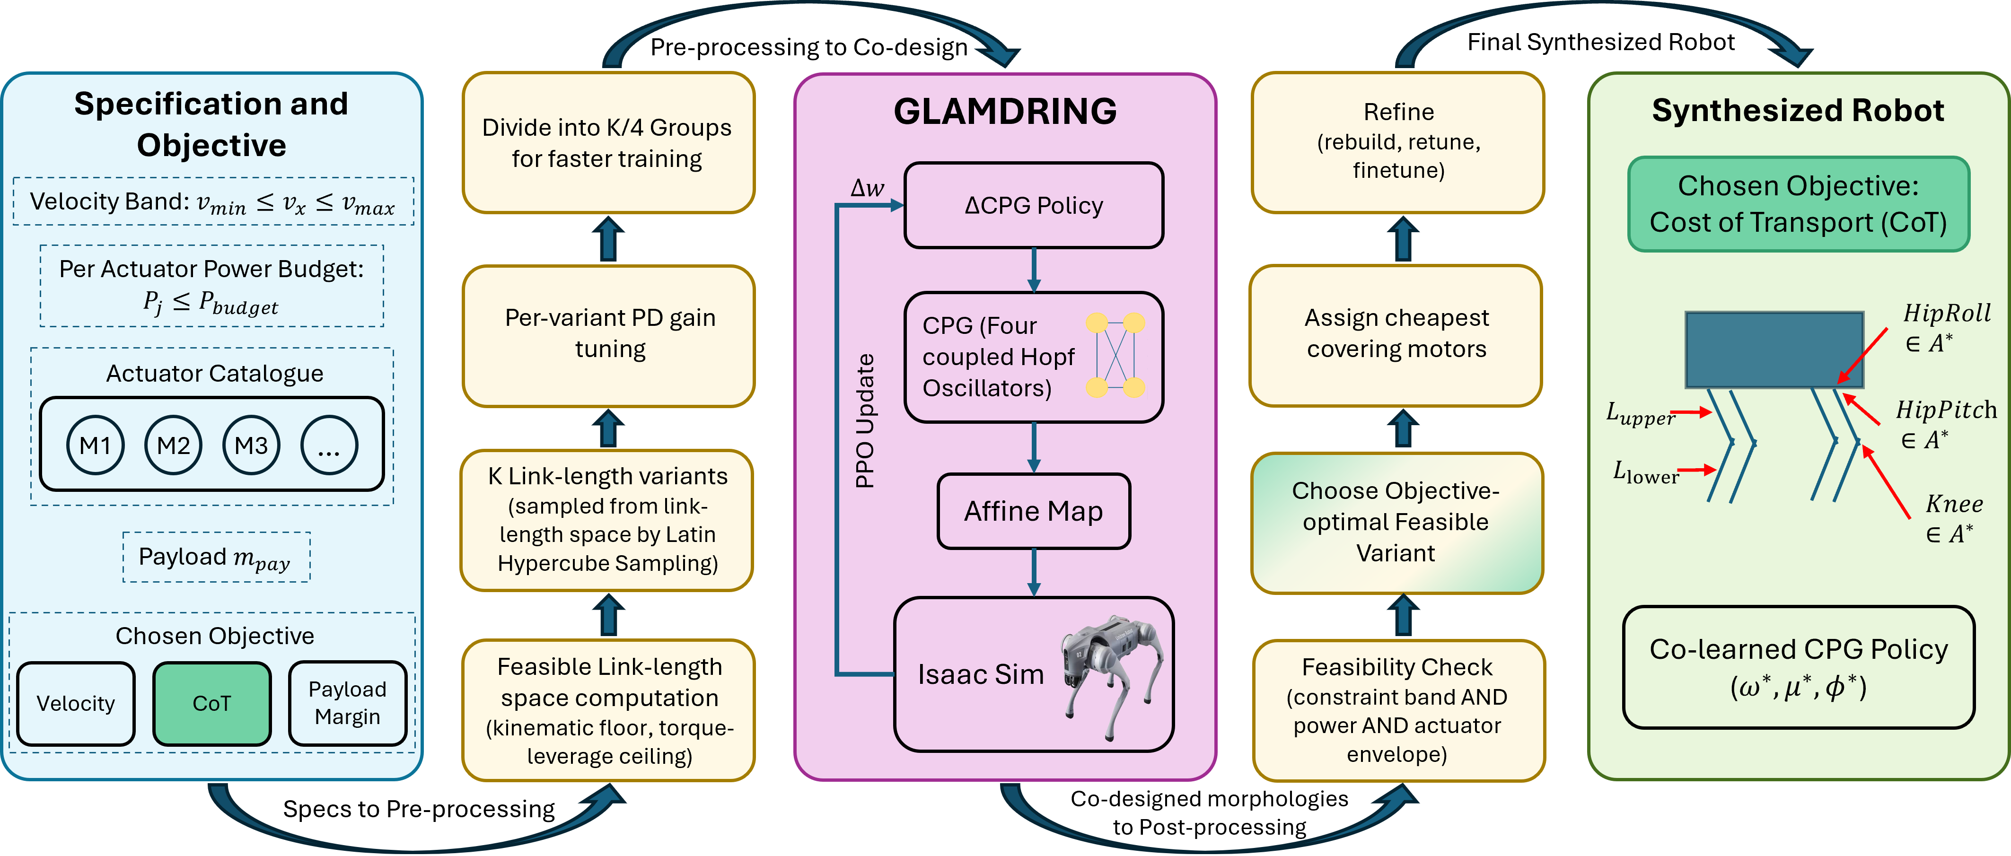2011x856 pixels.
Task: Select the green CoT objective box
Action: (211, 703)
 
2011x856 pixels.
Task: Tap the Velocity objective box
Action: (76, 703)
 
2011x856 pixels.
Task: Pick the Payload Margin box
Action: (347, 703)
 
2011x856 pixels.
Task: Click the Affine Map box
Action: (1034, 511)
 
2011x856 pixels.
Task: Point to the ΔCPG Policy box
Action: (1034, 205)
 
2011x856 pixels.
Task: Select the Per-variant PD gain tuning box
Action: (609, 335)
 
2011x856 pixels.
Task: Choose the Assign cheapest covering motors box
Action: (1396, 335)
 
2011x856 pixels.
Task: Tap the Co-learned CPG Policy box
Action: (1799, 667)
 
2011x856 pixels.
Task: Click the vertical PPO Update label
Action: (864, 421)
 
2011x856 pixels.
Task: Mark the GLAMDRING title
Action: (1006, 111)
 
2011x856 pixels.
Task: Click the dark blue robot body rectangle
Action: (1774, 349)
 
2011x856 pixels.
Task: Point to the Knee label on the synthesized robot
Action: (1954, 504)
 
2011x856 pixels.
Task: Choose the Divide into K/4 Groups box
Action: (609, 143)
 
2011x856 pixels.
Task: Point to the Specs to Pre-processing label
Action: (419, 809)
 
